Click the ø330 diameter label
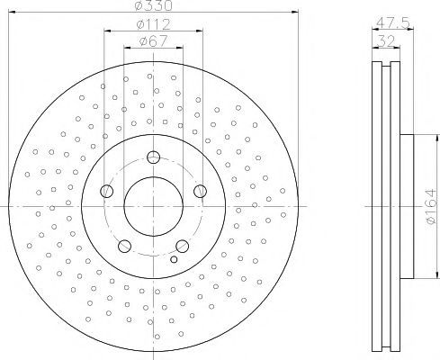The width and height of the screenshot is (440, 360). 154,5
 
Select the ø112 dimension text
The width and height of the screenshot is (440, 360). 153,24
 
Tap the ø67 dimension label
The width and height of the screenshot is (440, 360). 153,41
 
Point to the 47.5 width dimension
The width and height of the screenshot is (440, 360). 392,22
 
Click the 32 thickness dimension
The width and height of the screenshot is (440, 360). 386,40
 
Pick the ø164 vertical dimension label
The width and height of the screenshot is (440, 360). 430,206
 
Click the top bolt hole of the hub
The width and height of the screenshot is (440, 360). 153,157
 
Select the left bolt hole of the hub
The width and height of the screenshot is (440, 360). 106,191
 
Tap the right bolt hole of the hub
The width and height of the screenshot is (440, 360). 200,191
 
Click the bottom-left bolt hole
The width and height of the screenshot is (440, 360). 124,246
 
